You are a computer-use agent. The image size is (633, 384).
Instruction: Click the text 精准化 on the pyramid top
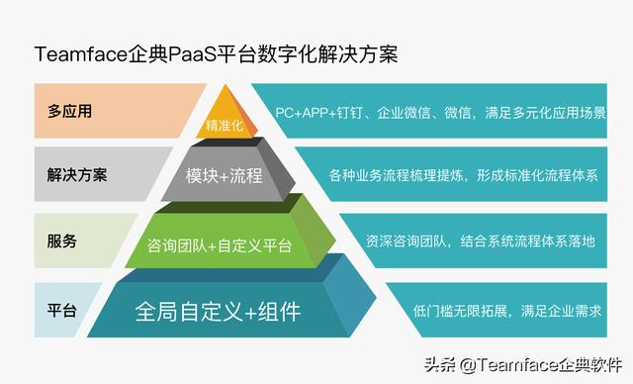coord(225,126)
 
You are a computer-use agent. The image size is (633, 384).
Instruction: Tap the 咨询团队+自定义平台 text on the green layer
coord(219,244)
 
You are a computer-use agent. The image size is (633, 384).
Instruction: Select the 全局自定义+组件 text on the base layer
coord(217,312)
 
